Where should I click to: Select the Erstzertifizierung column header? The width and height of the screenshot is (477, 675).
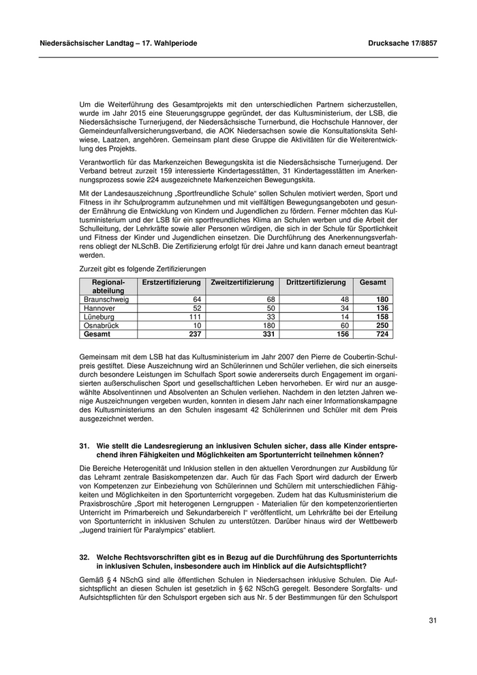pyautogui.click(x=171, y=282)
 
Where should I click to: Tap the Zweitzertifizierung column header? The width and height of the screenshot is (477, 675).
pyautogui.click(x=243, y=282)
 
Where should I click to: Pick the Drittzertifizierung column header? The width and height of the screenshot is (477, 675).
pyautogui.click(x=316, y=282)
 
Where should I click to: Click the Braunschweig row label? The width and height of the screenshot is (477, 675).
pyautogui.click(x=106, y=299)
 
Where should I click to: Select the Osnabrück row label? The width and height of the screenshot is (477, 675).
pyautogui.click(x=102, y=326)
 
